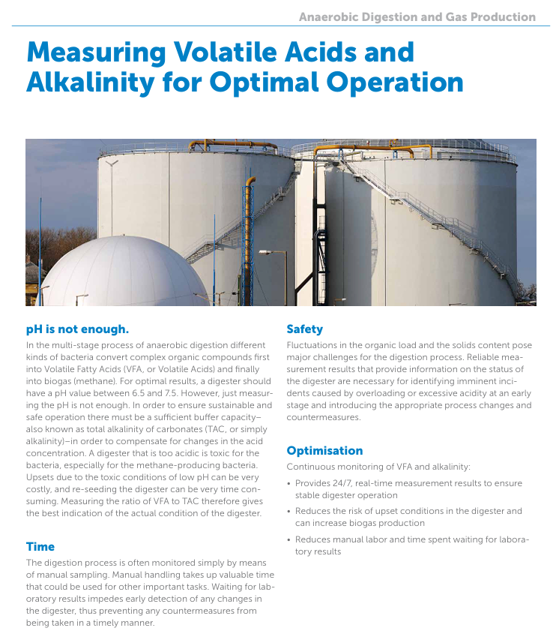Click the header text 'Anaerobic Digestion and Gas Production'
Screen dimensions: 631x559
click(x=417, y=17)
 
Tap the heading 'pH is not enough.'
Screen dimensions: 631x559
click(x=78, y=329)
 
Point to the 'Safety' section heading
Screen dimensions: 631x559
click(x=304, y=329)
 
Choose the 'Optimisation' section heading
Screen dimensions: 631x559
click(x=324, y=450)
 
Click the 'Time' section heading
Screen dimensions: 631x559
click(x=40, y=546)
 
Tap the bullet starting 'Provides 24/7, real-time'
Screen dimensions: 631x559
click(x=408, y=489)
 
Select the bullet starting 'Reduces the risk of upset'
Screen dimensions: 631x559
click(x=408, y=517)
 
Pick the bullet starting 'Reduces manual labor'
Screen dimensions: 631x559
click(x=408, y=545)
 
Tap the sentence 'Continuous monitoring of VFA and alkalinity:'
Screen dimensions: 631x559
click(x=378, y=467)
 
